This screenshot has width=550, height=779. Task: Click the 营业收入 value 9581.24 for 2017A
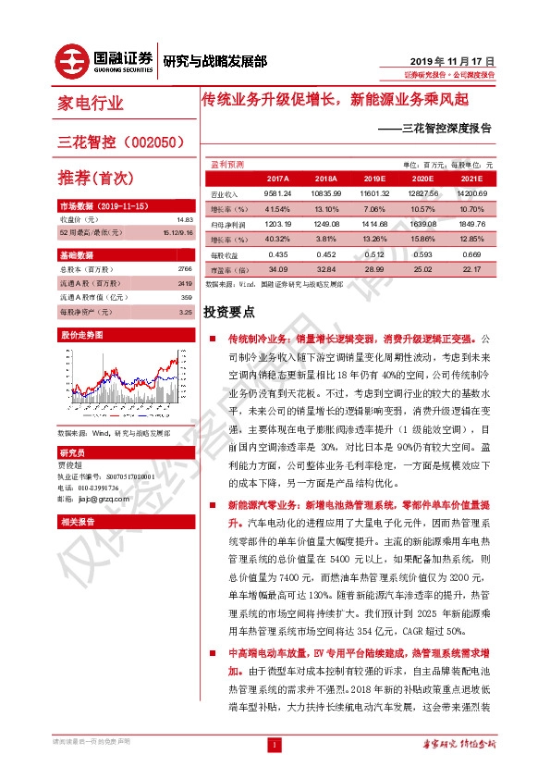click(x=251, y=193)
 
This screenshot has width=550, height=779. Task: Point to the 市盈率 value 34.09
click(x=251, y=268)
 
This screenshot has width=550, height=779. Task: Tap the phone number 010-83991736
click(x=98, y=487)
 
